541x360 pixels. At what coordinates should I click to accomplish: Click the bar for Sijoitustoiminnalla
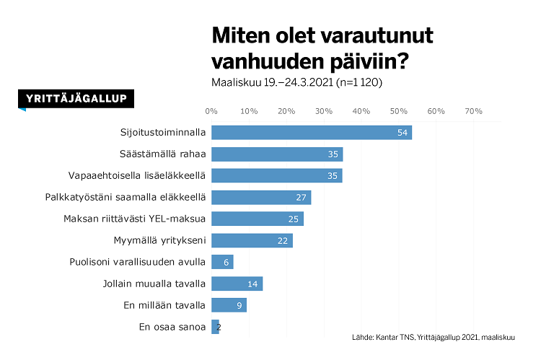click(312, 133)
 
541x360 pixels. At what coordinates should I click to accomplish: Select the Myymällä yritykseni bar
click(252, 240)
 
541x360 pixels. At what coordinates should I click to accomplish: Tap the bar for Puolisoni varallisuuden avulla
click(222, 262)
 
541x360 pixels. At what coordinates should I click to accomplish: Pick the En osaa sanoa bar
click(215, 327)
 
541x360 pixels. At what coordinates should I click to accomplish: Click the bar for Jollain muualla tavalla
click(237, 284)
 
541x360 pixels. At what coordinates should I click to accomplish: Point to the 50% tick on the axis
click(398, 111)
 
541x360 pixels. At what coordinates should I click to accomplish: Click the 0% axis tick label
click(211, 111)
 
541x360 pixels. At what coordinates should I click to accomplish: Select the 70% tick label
click(473, 111)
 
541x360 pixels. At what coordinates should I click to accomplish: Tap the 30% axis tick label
click(323, 111)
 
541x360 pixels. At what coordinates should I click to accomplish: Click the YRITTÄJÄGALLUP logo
click(76, 100)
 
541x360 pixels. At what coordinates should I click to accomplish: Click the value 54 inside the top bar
click(403, 133)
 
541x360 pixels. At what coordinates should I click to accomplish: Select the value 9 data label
click(240, 305)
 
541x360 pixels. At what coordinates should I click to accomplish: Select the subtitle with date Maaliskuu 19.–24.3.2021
click(296, 82)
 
